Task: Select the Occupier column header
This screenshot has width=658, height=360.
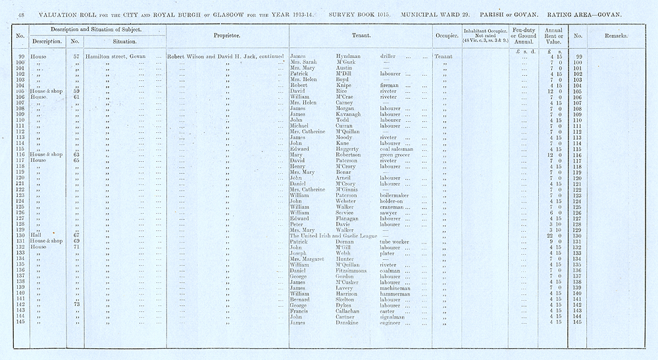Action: tap(445, 35)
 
